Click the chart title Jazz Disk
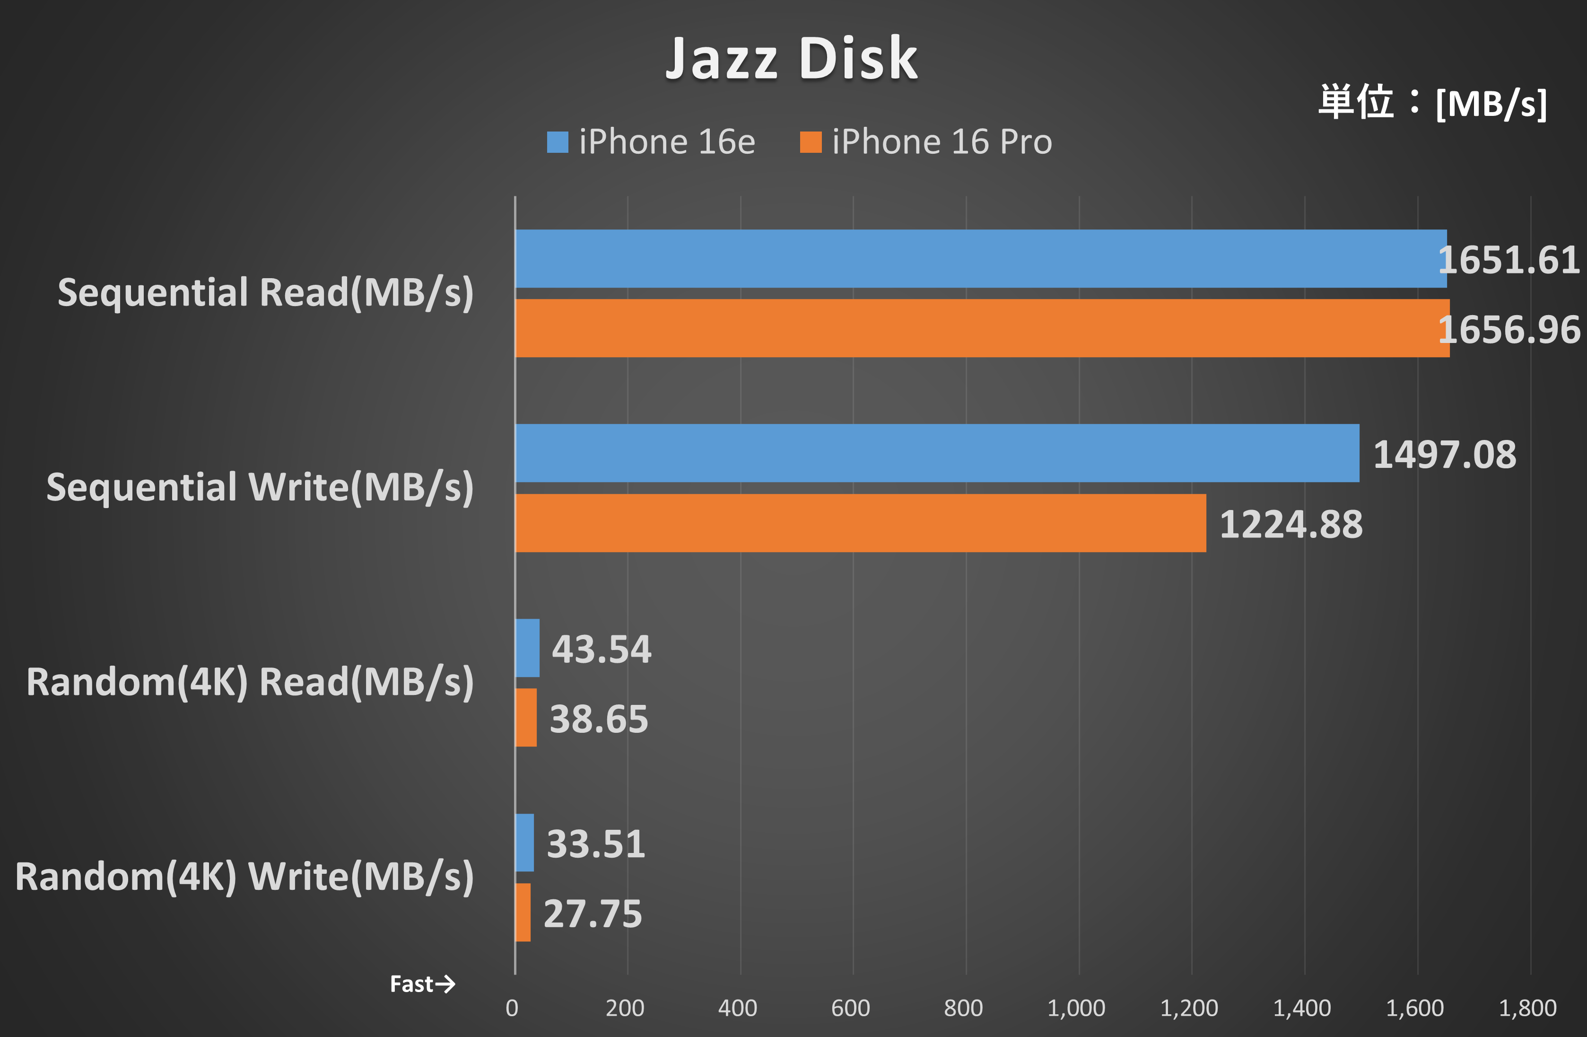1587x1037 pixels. (792, 59)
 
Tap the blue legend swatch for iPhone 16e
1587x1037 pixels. (558, 142)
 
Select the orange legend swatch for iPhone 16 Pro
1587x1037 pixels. (810, 142)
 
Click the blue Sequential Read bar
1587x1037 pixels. (980, 259)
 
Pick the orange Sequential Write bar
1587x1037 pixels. (860, 523)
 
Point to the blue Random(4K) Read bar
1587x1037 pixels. (527, 648)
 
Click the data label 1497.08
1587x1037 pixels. (1444, 455)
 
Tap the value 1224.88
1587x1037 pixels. (1291, 524)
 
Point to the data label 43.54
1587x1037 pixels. (602, 650)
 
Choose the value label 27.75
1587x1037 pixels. (593, 914)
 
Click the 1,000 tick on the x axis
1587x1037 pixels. (1076, 1008)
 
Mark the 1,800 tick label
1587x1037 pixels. (1528, 1008)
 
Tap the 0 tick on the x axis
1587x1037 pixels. (512, 1008)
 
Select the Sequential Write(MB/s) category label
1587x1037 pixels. (260, 487)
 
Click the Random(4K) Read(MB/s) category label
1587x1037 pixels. (250, 682)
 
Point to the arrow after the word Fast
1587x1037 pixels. (445, 984)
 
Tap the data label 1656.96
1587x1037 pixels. (1509, 329)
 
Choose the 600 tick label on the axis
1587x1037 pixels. (850, 1008)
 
